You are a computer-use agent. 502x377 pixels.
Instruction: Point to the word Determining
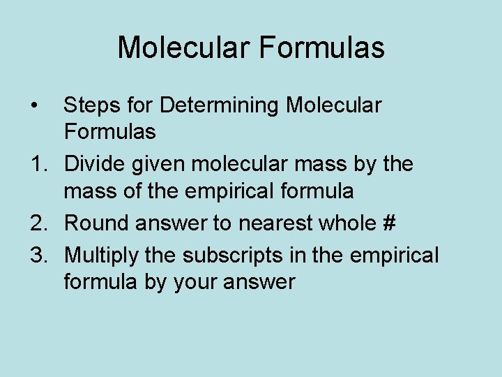pyautogui.click(x=222, y=106)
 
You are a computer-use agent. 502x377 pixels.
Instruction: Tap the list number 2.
pyautogui.click(x=36, y=223)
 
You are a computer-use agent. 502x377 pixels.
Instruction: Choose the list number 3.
pyautogui.click(x=36, y=255)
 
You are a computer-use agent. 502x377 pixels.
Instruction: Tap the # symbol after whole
pyautogui.click(x=389, y=223)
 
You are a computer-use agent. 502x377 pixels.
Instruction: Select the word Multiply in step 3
pyautogui.click(x=102, y=256)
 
